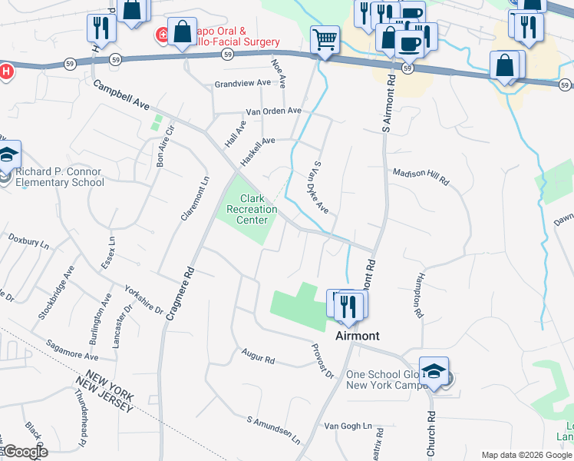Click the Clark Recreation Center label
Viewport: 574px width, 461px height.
point(252,209)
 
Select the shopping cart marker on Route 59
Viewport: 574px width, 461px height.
point(325,40)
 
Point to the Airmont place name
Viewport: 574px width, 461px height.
point(357,337)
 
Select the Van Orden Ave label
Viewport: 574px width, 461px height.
point(273,111)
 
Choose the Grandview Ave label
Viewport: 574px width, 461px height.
point(243,83)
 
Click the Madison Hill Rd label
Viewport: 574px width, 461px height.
point(421,175)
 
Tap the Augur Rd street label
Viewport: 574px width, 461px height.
point(257,357)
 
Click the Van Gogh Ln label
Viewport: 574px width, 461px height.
point(348,426)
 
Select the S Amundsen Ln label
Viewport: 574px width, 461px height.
point(273,430)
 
